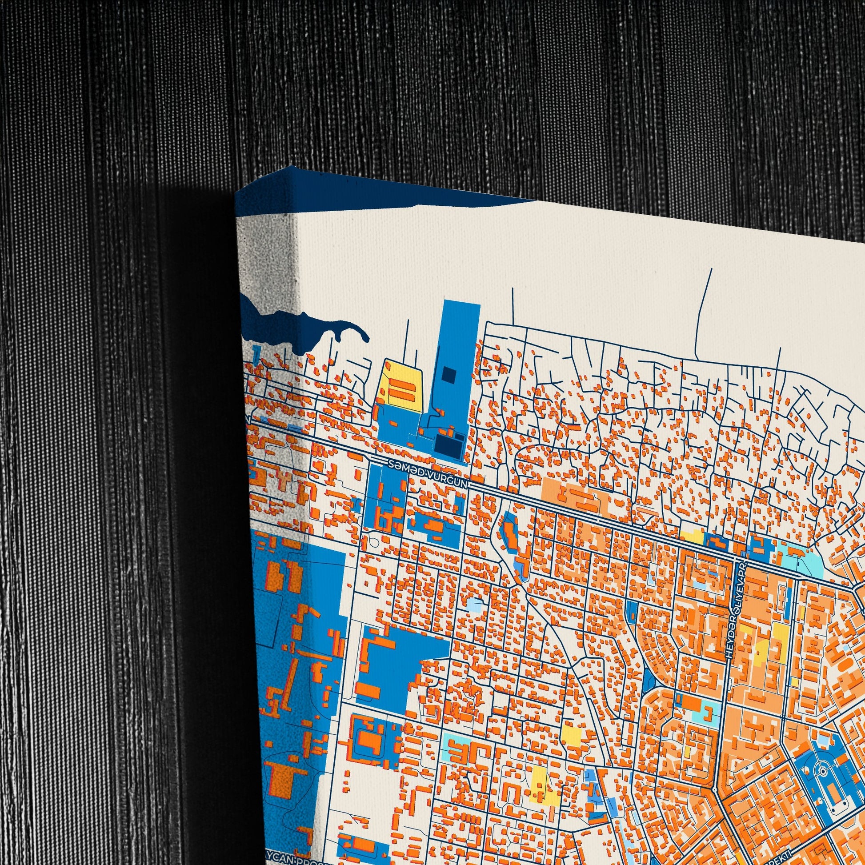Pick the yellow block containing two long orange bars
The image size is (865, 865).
400,388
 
